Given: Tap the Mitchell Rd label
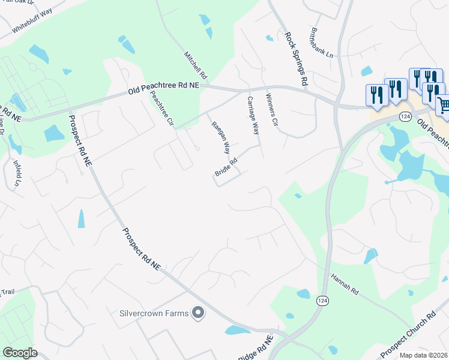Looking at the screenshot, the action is click(196, 65).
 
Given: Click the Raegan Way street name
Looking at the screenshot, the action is click(220, 137).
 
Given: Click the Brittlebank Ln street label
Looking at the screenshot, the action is click(322, 41).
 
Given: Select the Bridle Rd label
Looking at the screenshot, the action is click(226, 167).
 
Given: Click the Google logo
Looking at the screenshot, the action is click(20, 353).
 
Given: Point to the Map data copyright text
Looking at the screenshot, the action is click(424, 355).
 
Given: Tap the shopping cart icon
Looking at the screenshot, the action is click(444, 105).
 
